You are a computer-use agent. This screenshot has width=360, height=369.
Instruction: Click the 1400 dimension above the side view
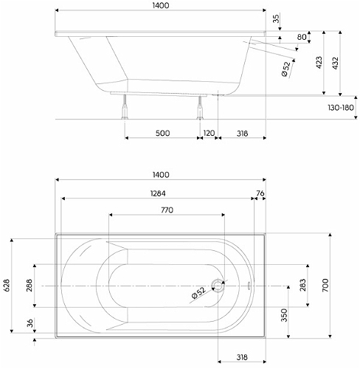coord(161,5)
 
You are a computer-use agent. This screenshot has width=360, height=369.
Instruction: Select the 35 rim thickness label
coord(277,18)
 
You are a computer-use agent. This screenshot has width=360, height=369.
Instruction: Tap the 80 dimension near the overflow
coord(302,37)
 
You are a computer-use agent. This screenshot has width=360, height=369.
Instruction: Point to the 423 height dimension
coord(319,63)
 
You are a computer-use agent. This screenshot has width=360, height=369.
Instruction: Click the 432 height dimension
coord(335,63)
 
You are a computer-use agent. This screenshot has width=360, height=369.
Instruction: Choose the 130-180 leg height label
coord(341,108)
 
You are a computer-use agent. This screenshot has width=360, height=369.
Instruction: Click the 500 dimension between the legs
coord(162,133)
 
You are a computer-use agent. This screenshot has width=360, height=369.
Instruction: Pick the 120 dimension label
coord(209,133)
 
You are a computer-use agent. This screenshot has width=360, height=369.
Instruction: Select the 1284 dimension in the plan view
coord(158,193)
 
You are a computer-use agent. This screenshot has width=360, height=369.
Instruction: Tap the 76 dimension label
coord(260,193)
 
